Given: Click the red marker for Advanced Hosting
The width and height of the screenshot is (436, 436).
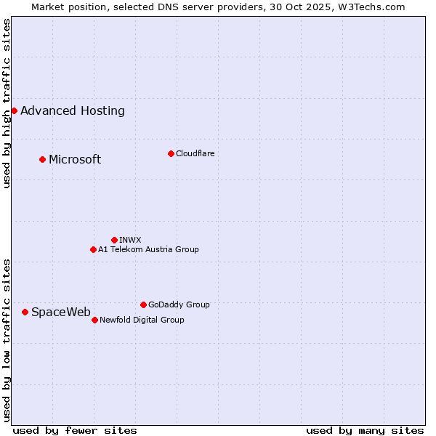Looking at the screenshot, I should (14, 110).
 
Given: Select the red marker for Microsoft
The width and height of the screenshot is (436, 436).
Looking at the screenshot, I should (42, 159).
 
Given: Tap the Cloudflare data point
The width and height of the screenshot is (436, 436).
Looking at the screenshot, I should (171, 153).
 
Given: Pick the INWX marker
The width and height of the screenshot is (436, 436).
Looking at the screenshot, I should (114, 240).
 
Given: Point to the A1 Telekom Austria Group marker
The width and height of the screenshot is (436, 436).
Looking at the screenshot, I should (93, 249).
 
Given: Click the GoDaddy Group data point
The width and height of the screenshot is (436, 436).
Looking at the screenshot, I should (143, 304).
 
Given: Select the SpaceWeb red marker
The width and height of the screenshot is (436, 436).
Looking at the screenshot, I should (25, 312).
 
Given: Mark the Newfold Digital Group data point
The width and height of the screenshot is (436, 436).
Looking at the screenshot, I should (94, 320).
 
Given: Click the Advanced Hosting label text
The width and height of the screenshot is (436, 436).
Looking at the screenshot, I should (73, 111).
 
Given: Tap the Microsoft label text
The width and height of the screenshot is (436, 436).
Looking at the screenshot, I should (75, 160).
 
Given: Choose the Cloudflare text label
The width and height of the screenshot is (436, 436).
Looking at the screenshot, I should (195, 153).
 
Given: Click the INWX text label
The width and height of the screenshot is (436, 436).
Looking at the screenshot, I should (130, 240).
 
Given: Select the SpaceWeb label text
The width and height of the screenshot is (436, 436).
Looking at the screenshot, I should (61, 312).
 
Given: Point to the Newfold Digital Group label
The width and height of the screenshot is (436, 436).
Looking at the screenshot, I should (142, 320).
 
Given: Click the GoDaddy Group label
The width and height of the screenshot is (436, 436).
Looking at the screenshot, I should (179, 304).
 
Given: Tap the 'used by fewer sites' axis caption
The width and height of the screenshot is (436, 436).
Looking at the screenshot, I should (75, 430).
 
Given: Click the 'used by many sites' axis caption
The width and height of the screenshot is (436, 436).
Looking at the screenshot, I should (365, 430).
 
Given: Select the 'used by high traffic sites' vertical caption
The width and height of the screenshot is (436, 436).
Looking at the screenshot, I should (7, 103).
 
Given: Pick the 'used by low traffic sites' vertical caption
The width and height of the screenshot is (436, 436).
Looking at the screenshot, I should (7, 339).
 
